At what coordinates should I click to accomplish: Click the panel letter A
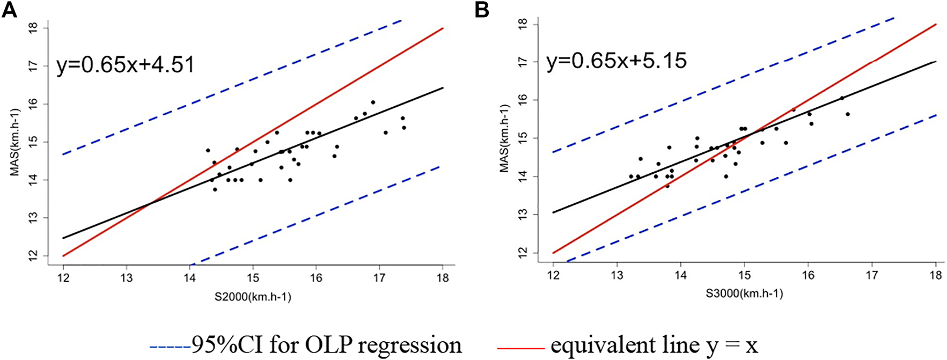(x=10, y=10)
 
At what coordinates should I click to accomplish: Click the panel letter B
(x=482, y=10)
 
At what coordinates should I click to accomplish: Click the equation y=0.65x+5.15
(x=616, y=61)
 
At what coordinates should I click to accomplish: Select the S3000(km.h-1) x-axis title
(x=744, y=293)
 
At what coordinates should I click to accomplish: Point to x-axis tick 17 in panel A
(x=379, y=278)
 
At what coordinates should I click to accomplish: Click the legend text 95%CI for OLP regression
(x=326, y=345)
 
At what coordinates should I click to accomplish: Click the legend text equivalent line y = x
(x=654, y=345)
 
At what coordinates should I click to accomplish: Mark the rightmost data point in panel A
(x=404, y=128)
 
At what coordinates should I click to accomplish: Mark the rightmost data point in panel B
(x=848, y=114)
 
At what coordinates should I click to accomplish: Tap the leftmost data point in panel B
(x=631, y=176)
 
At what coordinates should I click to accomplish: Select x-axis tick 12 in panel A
(x=63, y=278)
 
